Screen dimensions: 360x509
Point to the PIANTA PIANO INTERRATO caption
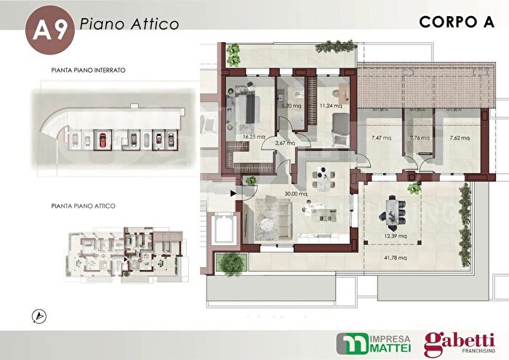click(89, 71)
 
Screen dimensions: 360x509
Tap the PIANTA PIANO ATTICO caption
click(84, 206)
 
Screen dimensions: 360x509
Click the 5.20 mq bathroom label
click(292, 105)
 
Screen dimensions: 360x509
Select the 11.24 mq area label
click(331, 105)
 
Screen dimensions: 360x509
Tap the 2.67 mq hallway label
click(285, 143)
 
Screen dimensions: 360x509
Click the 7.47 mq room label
click(382, 137)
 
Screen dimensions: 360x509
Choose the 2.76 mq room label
click(420, 137)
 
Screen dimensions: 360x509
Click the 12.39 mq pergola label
click(397, 236)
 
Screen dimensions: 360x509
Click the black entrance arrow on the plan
click(233, 193)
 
